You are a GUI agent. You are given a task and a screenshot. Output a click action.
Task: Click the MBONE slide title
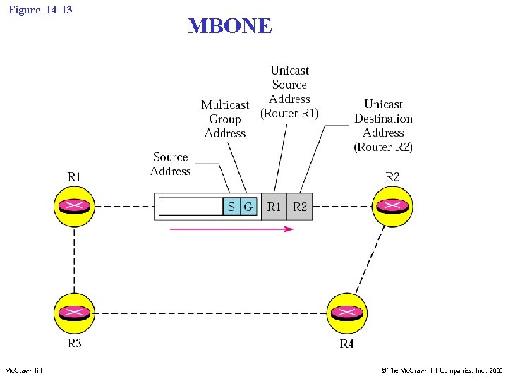pos(229,26)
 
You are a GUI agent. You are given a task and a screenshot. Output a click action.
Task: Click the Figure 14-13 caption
pos(40,10)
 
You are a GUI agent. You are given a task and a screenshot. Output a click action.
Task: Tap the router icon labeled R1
pos(74,207)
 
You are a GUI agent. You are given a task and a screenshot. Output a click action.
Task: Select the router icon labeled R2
pos(393,207)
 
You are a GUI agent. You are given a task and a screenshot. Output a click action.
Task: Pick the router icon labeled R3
pos(74,313)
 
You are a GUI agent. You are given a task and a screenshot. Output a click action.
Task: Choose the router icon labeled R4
pos(347,313)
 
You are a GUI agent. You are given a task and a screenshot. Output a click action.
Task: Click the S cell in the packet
pos(231,207)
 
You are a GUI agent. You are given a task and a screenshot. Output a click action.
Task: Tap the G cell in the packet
pos(248,207)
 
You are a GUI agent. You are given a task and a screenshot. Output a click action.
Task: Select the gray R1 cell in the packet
pos(274,207)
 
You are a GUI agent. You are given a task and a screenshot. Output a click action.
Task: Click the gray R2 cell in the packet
pos(300,207)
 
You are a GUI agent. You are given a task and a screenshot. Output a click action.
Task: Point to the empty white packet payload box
pos(190,207)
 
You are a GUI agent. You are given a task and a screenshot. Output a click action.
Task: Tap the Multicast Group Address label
pos(225,119)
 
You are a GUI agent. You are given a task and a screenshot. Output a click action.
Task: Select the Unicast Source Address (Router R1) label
pos(289,92)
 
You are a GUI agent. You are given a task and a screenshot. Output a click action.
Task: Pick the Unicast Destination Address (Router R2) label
pos(383,126)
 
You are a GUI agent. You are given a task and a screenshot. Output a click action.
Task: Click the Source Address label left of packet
pos(171,164)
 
